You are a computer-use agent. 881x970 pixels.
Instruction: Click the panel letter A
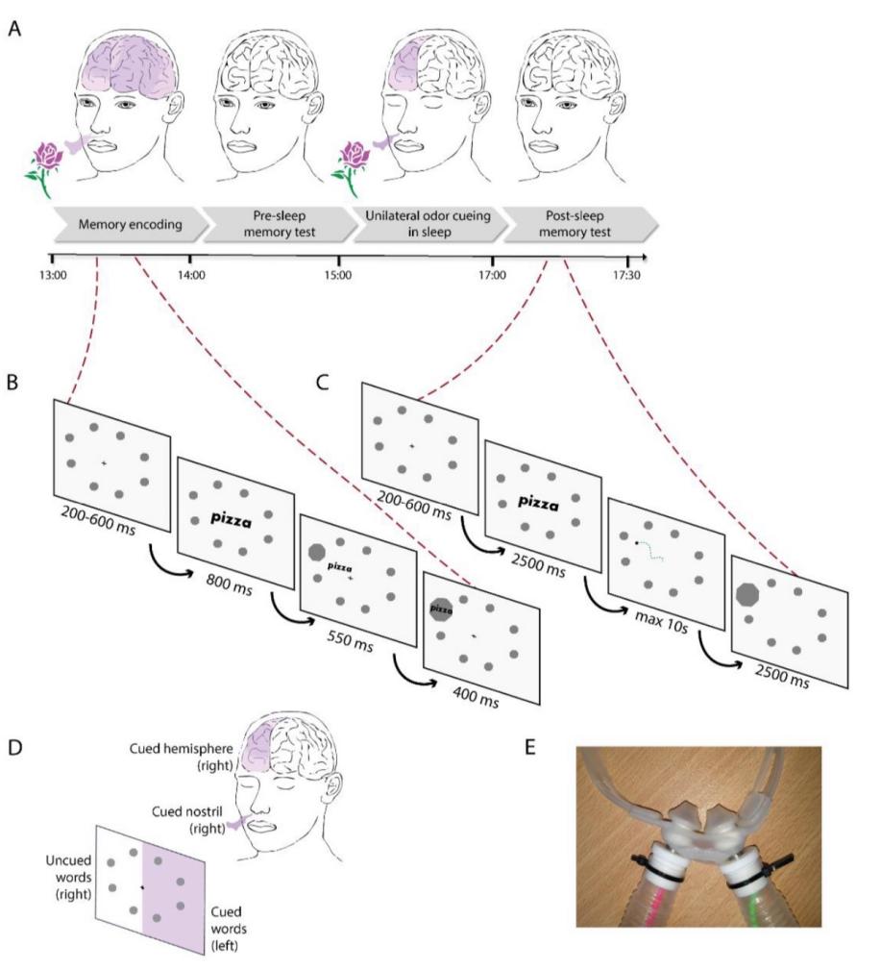13,30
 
